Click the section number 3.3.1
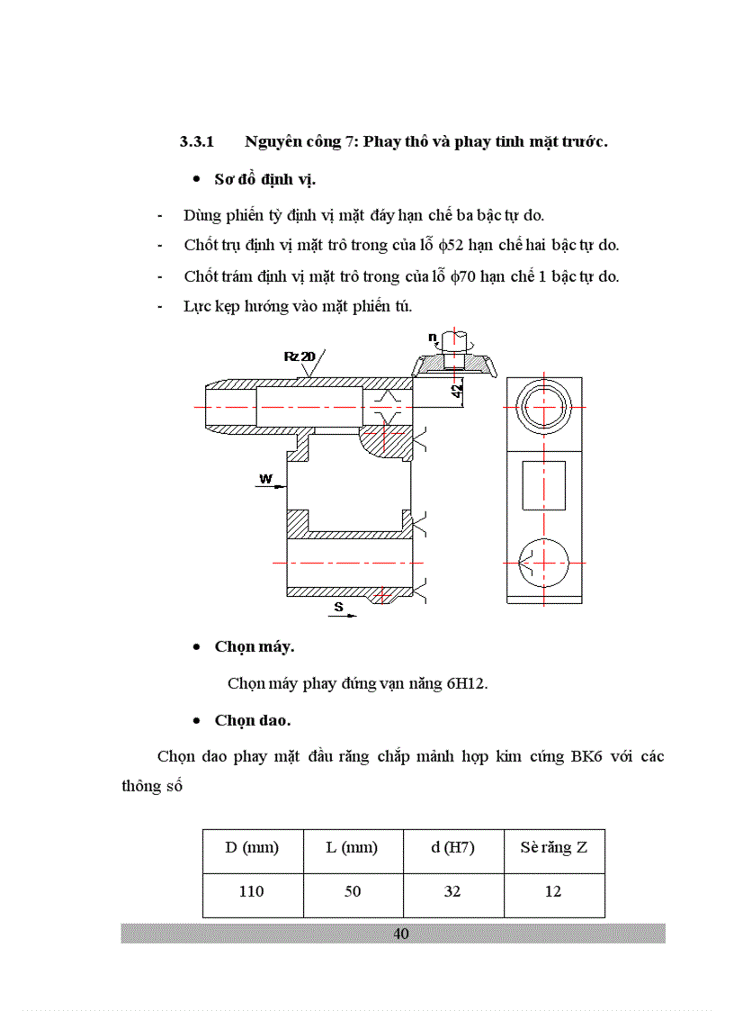click(x=197, y=142)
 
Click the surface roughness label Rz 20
click(x=299, y=357)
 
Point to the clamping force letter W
click(x=265, y=478)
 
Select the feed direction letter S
click(x=338, y=607)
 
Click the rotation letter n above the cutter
click(x=432, y=338)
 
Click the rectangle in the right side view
click(x=543, y=485)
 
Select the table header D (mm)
click(x=252, y=847)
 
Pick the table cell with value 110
click(x=252, y=891)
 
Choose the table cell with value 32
click(x=452, y=891)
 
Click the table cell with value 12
click(x=553, y=891)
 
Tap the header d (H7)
click(x=452, y=847)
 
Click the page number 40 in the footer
click(x=401, y=934)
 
